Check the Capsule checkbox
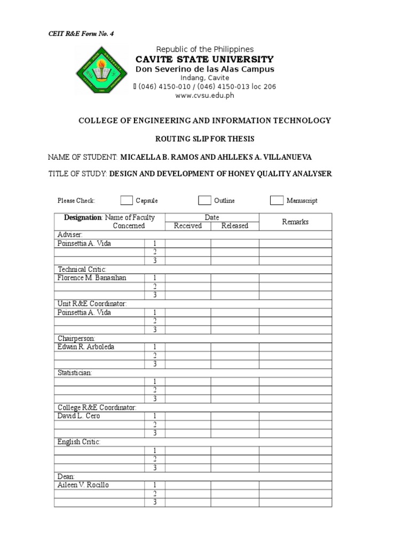[x=126, y=200]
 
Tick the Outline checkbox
[x=204, y=200]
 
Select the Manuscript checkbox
[x=277, y=200]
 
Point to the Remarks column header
[x=295, y=222]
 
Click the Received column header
[x=188, y=226]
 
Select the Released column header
[x=235, y=226]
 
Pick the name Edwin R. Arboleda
[x=86, y=347]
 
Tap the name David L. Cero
[x=78, y=416]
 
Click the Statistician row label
[x=75, y=372]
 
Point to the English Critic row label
[x=79, y=442]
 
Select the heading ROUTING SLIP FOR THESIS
[x=204, y=139]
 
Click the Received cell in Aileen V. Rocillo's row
[x=188, y=485]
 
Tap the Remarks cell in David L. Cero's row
[x=295, y=416]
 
